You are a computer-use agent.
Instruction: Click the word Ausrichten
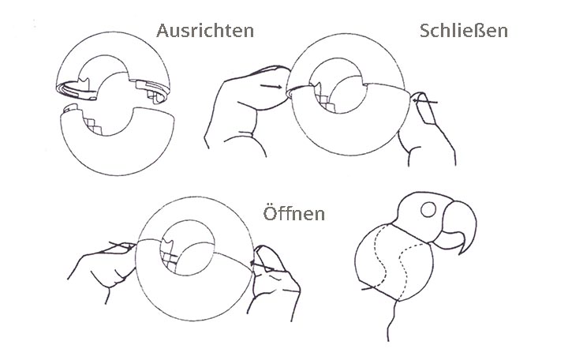205,32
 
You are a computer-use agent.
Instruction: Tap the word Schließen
464,31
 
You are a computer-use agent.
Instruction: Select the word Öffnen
294,214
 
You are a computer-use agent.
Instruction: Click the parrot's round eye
430,211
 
